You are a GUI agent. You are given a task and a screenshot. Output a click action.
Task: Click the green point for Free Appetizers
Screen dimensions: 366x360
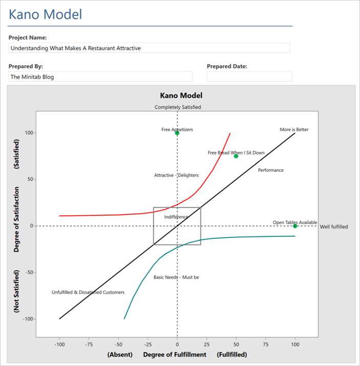pyautogui.click(x=177, y=133)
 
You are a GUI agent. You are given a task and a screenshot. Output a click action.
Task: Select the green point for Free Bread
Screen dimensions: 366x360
pyautogui.click(x=236, y=156)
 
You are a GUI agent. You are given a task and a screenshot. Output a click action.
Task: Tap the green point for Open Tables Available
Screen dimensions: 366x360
pyautogui.click(x=295, y=226)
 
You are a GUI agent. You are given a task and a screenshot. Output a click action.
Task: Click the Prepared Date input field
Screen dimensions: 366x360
pyautogui.click(x=249, y=77)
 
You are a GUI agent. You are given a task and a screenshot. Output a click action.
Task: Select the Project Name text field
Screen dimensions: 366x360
pyautogui.click(x=149, y=48)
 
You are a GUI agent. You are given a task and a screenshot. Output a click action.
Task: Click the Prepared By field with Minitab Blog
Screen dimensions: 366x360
pyautogui.click(x=100, y=77)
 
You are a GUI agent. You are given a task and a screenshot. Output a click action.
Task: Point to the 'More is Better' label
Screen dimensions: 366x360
pyautogui.click(x=294, y=130)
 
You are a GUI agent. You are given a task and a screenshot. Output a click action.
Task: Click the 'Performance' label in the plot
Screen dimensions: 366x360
pyautogui.click(x=270, y=170)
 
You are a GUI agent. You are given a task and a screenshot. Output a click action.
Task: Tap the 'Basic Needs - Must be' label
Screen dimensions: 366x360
pyautogui.click(x=176, y=277)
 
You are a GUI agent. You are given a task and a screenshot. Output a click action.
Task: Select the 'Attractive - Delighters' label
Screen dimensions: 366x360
pyautogui.click(x=176, y=175)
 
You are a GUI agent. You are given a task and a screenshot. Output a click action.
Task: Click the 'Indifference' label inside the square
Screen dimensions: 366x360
pyautogui.click(x=176, y=217)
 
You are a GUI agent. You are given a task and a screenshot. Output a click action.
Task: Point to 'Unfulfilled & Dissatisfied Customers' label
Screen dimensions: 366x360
pyautogui.click(x=88, y=292)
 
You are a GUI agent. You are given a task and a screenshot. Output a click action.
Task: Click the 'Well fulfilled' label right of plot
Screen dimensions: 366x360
pyautogui.click(x=334, y=227)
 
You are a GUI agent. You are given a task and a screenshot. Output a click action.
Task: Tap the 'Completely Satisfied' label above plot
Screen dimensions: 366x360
pyautogui.click(x=178, y=108)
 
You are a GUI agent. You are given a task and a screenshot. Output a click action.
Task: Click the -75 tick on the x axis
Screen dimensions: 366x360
pyautogui.click(x=89, y=343)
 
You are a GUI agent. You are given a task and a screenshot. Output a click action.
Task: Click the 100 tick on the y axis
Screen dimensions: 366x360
pyautogui.click(x=29, y=133)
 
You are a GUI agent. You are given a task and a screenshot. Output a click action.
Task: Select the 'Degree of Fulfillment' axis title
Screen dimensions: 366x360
pyautogui.click(x=175, y=355)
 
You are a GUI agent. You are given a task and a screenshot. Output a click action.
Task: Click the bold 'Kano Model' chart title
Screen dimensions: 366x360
pyautogui.click(x=181, y=95)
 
